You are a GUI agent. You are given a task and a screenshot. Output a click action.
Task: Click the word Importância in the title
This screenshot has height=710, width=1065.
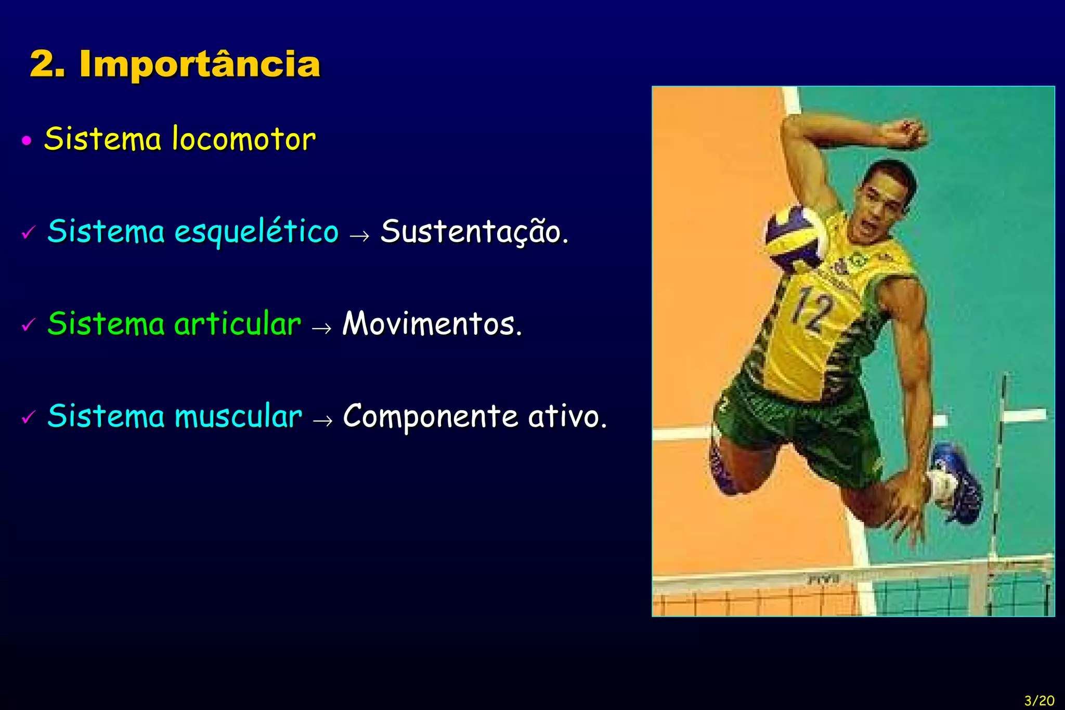click(200, 64)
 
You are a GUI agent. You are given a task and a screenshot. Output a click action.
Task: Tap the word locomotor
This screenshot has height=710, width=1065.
click(243, 139)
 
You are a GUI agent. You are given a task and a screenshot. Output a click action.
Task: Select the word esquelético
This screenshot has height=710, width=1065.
click(256, 232)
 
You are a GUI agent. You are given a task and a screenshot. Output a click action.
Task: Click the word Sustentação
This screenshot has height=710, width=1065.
click(474, 232)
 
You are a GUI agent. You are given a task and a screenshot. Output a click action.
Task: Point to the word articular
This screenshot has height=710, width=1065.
click(238, 324)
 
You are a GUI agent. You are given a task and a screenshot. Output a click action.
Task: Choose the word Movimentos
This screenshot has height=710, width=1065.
click(432, 324)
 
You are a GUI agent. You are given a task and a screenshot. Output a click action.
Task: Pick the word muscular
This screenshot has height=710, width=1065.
click(238, 416)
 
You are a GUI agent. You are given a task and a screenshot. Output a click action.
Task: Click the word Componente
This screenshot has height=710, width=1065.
click(431, 416)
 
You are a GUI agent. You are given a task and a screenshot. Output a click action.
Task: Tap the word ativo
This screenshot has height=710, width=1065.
click(567, 416)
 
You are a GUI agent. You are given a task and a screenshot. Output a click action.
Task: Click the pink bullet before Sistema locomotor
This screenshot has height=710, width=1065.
click(27, 141)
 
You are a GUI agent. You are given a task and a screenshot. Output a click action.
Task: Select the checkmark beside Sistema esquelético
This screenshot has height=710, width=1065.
click(29, 232)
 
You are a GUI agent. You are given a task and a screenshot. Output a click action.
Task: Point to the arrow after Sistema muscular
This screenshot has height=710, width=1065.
click(323, 420)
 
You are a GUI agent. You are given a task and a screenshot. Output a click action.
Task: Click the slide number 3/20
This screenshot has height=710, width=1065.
click(1039, 700)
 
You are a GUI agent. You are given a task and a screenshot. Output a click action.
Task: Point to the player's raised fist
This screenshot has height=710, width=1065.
click(908, 134)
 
